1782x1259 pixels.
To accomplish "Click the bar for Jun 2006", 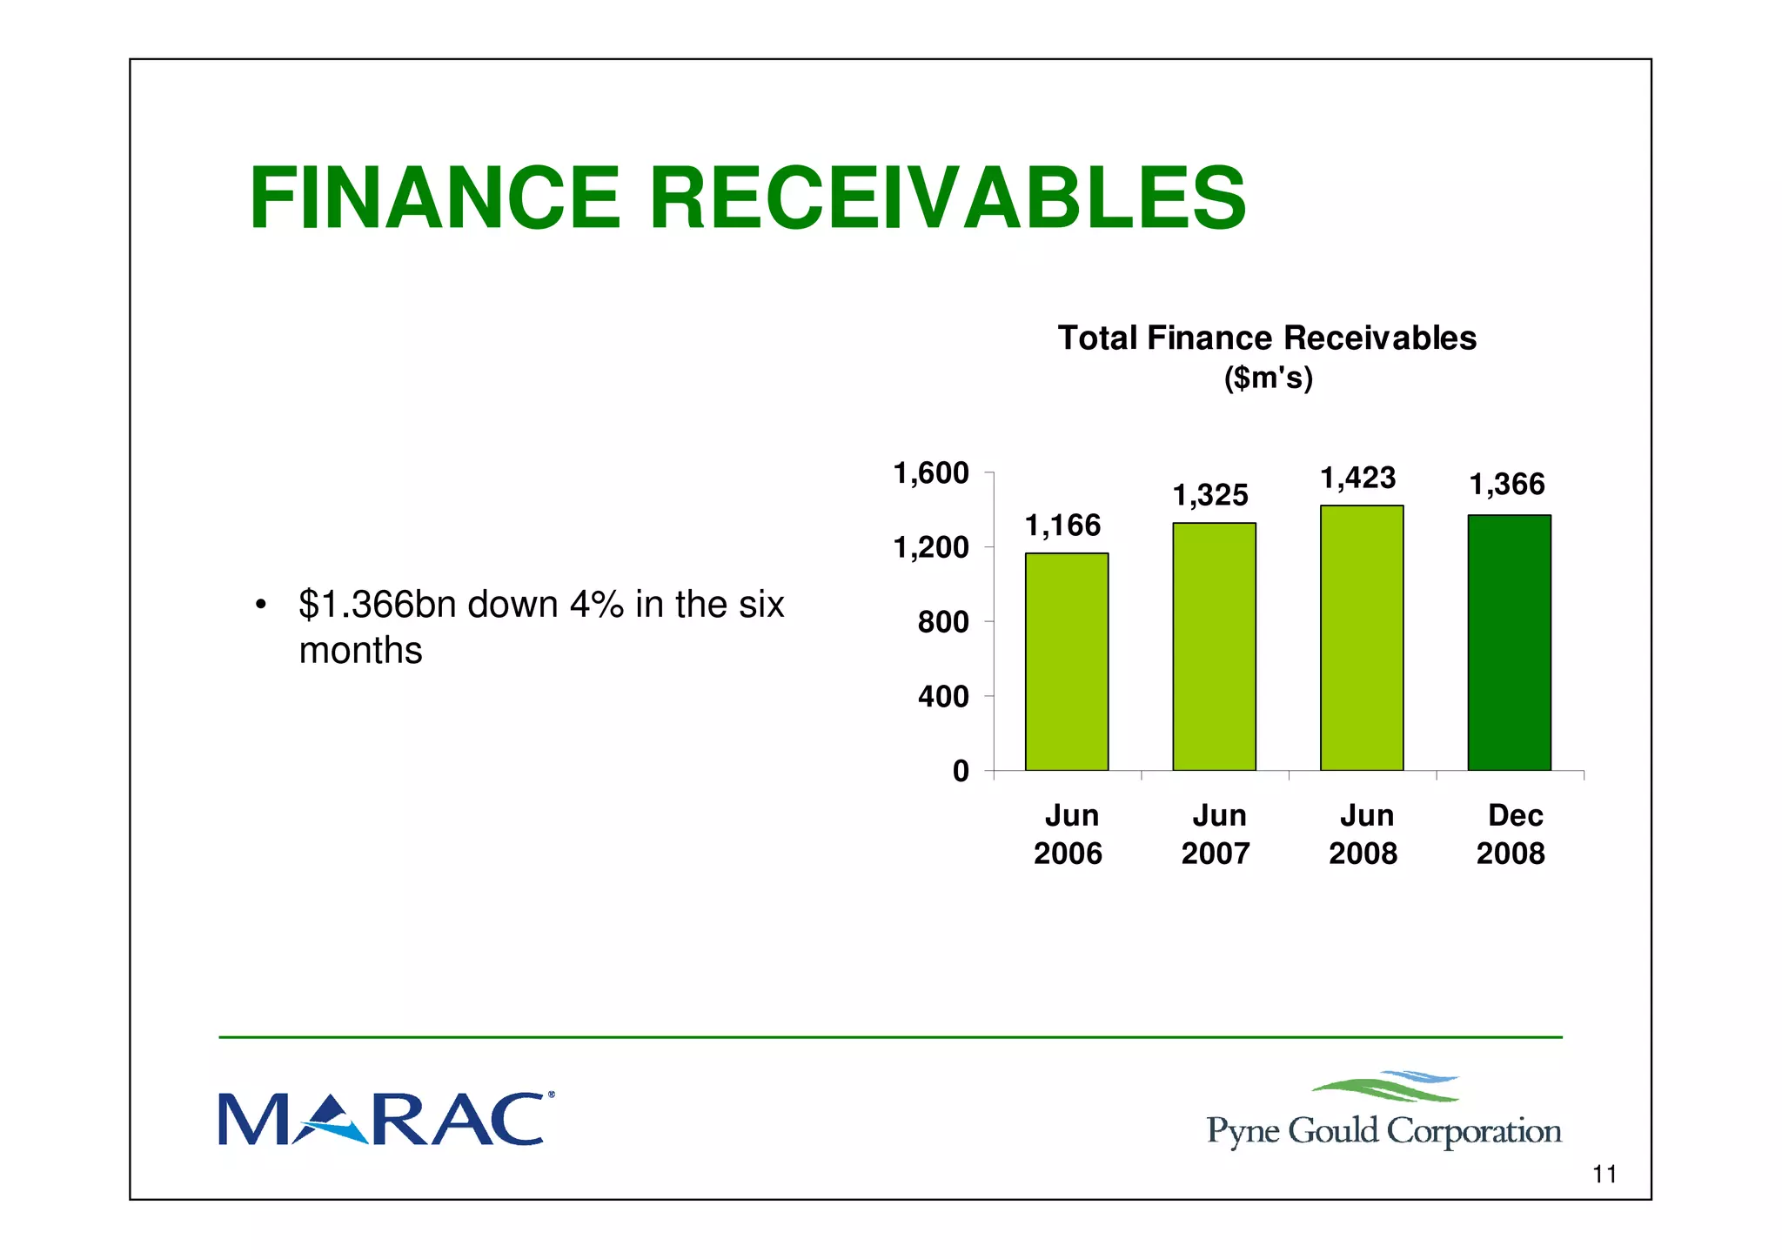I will tap(1066, 661).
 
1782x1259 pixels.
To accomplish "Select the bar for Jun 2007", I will tap(1214, 646).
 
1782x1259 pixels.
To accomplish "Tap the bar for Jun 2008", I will tap(1361, 638).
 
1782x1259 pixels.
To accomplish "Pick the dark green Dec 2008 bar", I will tap(1509, 642).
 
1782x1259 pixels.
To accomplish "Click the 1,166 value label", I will tap(1062, 526).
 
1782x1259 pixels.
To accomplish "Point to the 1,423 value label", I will tap(1357, 478).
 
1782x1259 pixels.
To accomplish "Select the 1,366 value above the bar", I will tap(1506, 485).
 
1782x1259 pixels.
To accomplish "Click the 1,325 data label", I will tap(1209, 495).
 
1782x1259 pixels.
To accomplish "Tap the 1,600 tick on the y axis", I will tap(930, 473).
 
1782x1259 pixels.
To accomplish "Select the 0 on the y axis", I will tap(960, 771).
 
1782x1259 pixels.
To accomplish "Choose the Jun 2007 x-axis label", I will tap(1216, 834).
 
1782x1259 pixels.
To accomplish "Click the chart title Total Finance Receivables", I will tap(1266, 338).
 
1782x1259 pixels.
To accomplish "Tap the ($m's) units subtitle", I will tap(1268, 378).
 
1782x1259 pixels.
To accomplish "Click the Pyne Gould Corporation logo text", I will tap(1383, 1130).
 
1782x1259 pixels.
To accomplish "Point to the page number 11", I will tap(1604, 1174).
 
